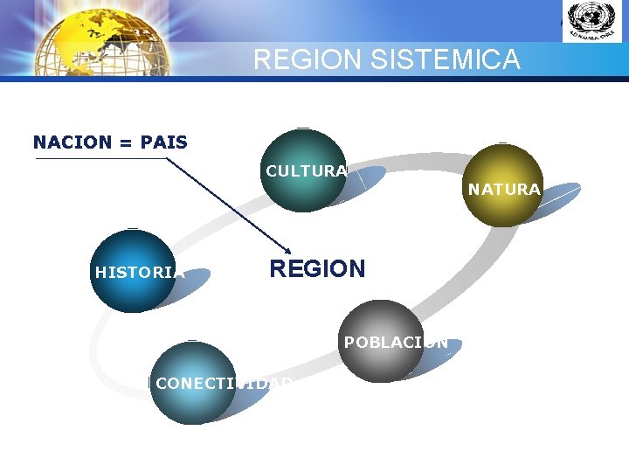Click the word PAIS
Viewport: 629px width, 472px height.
[164, 142]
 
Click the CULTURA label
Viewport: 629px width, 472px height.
[306, 171]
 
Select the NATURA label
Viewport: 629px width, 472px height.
[504, 189]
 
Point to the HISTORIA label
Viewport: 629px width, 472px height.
[139, 272]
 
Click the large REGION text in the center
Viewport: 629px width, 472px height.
[317, 268]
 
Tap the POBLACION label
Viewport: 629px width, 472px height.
[396, 343]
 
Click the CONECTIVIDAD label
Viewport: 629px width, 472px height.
[224, 383]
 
